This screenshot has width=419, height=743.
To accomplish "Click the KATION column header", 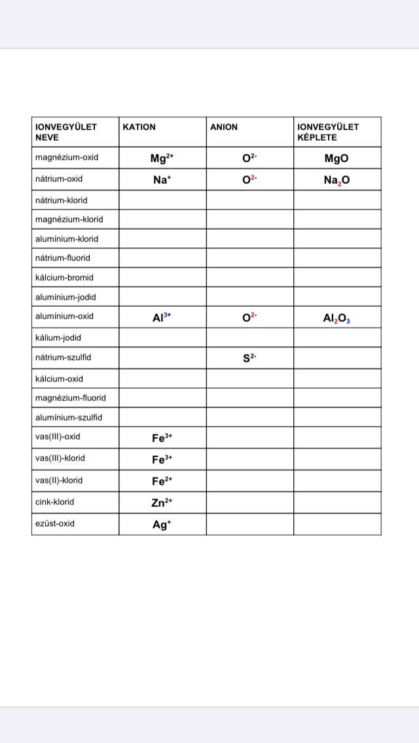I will tap(139, 127).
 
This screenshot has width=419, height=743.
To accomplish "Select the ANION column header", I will tap(224, 127).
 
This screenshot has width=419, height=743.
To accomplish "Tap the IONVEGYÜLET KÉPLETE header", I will tap(328, 132).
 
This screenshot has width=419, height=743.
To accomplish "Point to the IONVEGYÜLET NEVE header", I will tap(66, 132).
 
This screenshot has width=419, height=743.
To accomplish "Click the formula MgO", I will tap(337, 158).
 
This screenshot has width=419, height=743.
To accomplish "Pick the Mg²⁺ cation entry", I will tap(162, 158).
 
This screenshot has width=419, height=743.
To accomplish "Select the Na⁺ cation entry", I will tap(162, 180).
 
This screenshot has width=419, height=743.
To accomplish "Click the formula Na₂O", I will tap(337, 181).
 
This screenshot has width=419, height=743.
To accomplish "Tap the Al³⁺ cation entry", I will tap(162, 317).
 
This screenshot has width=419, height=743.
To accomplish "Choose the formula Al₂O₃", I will tap(337, 318).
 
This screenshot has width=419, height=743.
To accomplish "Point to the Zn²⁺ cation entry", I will tap(162, 502).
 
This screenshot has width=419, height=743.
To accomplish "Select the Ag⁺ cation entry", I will tap(162, 524).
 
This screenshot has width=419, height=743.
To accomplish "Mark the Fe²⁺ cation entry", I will tap(162, 481).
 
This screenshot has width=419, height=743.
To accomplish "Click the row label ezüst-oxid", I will tap(55, 523).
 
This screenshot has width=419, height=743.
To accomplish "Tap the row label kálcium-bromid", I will tap(64, 277).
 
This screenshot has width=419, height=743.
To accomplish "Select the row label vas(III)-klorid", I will tap(60, 458).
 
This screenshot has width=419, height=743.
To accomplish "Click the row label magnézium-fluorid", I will tap(70, 398).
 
